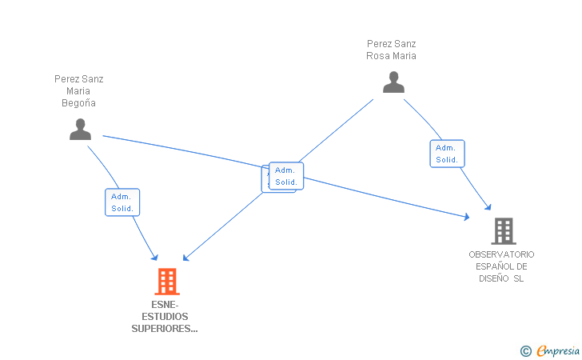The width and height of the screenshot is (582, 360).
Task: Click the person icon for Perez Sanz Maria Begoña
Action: (x=80, y=129)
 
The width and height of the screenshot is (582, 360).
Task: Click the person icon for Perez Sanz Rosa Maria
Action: (x=393, y=82)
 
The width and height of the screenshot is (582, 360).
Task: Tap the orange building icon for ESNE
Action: (x=166, y=281)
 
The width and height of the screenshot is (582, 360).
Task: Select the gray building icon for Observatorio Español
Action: (x=503, y=231)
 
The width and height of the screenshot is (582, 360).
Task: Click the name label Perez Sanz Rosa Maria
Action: (x=391, y=50)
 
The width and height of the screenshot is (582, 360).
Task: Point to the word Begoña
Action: (x=78, y=102)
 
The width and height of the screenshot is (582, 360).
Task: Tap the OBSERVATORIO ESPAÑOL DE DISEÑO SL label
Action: (x=502, y=266)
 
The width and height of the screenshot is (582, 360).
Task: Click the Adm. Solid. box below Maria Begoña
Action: (x=122, y=202)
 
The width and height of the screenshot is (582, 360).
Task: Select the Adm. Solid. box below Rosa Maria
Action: (x=447, y=154)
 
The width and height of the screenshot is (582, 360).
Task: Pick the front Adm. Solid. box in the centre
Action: (x=285, y=176)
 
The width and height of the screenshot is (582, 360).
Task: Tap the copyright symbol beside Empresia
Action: (x=525, y=350)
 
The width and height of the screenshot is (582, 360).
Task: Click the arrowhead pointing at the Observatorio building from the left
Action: (x=466, y=216)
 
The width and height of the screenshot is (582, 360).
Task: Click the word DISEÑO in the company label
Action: (x=495, y=278)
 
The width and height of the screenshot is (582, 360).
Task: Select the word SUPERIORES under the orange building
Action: (x=165, y=328)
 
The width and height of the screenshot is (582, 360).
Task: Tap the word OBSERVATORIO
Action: (x=502, y=254)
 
